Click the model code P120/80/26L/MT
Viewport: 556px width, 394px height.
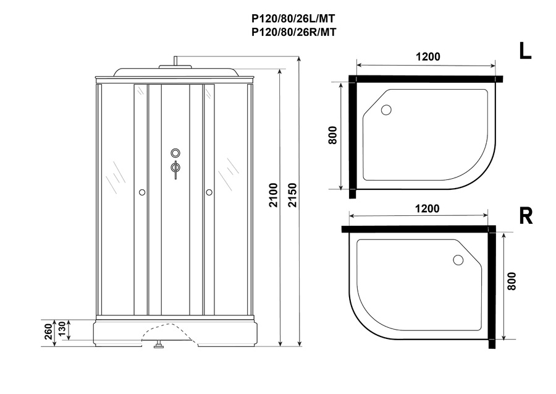click(293, 18)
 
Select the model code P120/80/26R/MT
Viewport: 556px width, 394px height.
click(293, 32)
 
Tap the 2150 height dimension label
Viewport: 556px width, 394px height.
click(292, 195)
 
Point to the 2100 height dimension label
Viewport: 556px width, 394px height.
click(273, 195)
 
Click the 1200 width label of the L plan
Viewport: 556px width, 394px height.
click(428, 56)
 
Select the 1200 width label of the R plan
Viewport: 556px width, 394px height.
click(427, 208)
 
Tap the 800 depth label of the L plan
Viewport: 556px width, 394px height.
click(332, 135)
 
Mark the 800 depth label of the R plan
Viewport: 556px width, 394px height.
click(512, 281)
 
